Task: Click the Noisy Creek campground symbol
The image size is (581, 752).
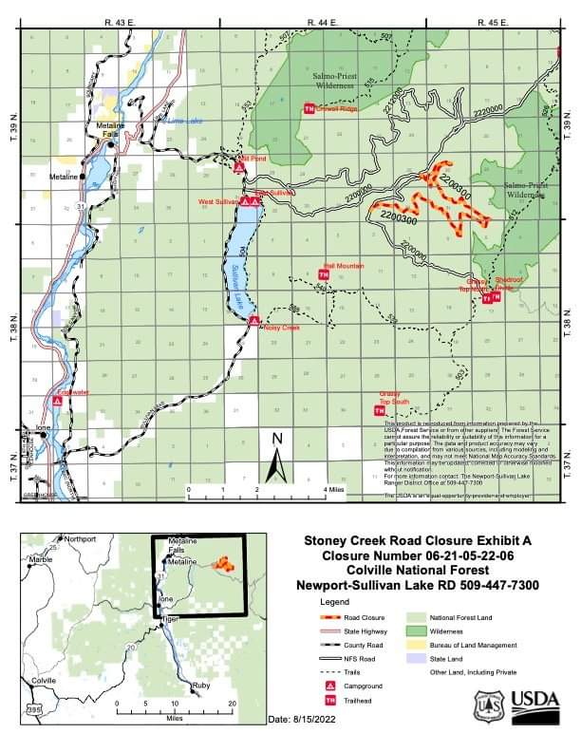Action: [x=254, y=321]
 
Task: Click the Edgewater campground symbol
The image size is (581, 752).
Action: [x=58, y=402]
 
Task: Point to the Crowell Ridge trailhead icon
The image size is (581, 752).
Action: [x=309, y=109]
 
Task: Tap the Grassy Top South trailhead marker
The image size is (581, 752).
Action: [x=380, y=410]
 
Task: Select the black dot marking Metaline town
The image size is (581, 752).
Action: [x=83, y=176]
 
